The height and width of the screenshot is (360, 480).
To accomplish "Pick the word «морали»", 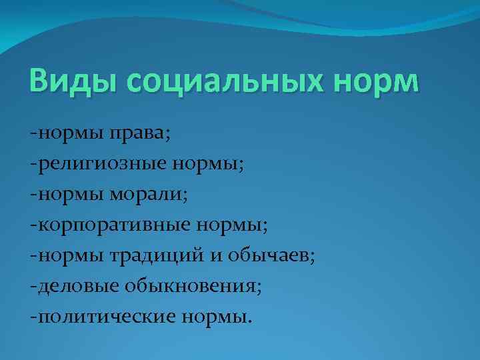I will click(x=153, y=194).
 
